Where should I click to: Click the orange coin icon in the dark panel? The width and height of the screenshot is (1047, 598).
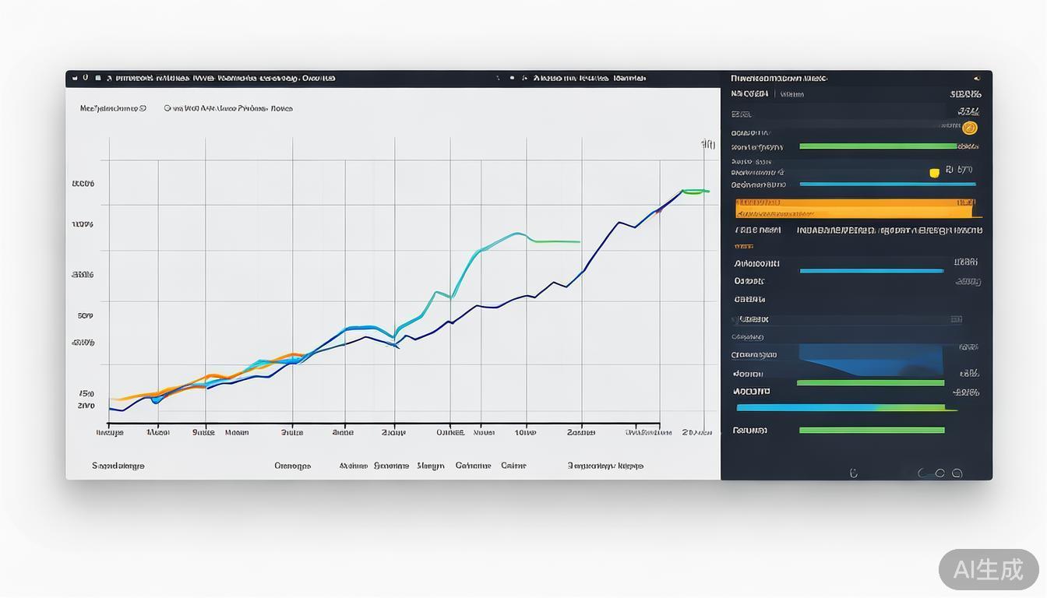[x=969, y=128]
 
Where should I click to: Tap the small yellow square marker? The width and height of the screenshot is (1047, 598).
[x=934, y=173]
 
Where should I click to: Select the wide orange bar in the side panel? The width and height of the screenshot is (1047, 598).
[x=855, y=208]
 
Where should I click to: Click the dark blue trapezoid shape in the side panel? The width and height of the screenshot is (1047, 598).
[x=871, y=361]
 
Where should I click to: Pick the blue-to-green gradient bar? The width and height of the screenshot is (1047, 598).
[x=845, y=407]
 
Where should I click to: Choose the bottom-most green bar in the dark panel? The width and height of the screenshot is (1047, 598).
[x=872, y=430]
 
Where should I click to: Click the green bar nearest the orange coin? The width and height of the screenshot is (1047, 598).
[x=878, y=146]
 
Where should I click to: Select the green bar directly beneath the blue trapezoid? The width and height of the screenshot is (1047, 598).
[x=870, y=383]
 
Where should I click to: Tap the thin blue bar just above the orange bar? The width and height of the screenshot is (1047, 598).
[x=887, y=185]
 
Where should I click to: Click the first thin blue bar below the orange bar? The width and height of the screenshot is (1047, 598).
[x=871, y=271]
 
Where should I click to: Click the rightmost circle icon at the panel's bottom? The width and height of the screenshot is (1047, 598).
[x=957, y=473]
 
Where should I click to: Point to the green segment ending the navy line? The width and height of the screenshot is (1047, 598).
[x=695, y=191]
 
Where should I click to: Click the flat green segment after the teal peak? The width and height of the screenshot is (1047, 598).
[x=556, y=241]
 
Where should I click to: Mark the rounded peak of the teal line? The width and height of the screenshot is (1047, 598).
[x=516, y=234]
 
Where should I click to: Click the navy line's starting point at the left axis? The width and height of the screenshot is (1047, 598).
[x=111, y=408]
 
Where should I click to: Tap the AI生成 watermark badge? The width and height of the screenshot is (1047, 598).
[x=988, y=569]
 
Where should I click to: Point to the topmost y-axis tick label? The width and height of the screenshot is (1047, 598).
[x=83, y=184]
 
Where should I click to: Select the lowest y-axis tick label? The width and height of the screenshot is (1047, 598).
[x=86, y=406]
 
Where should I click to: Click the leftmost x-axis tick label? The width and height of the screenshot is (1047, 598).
[x=110, y=432]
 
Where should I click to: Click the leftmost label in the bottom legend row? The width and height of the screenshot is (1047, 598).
[x=118, y=466]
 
